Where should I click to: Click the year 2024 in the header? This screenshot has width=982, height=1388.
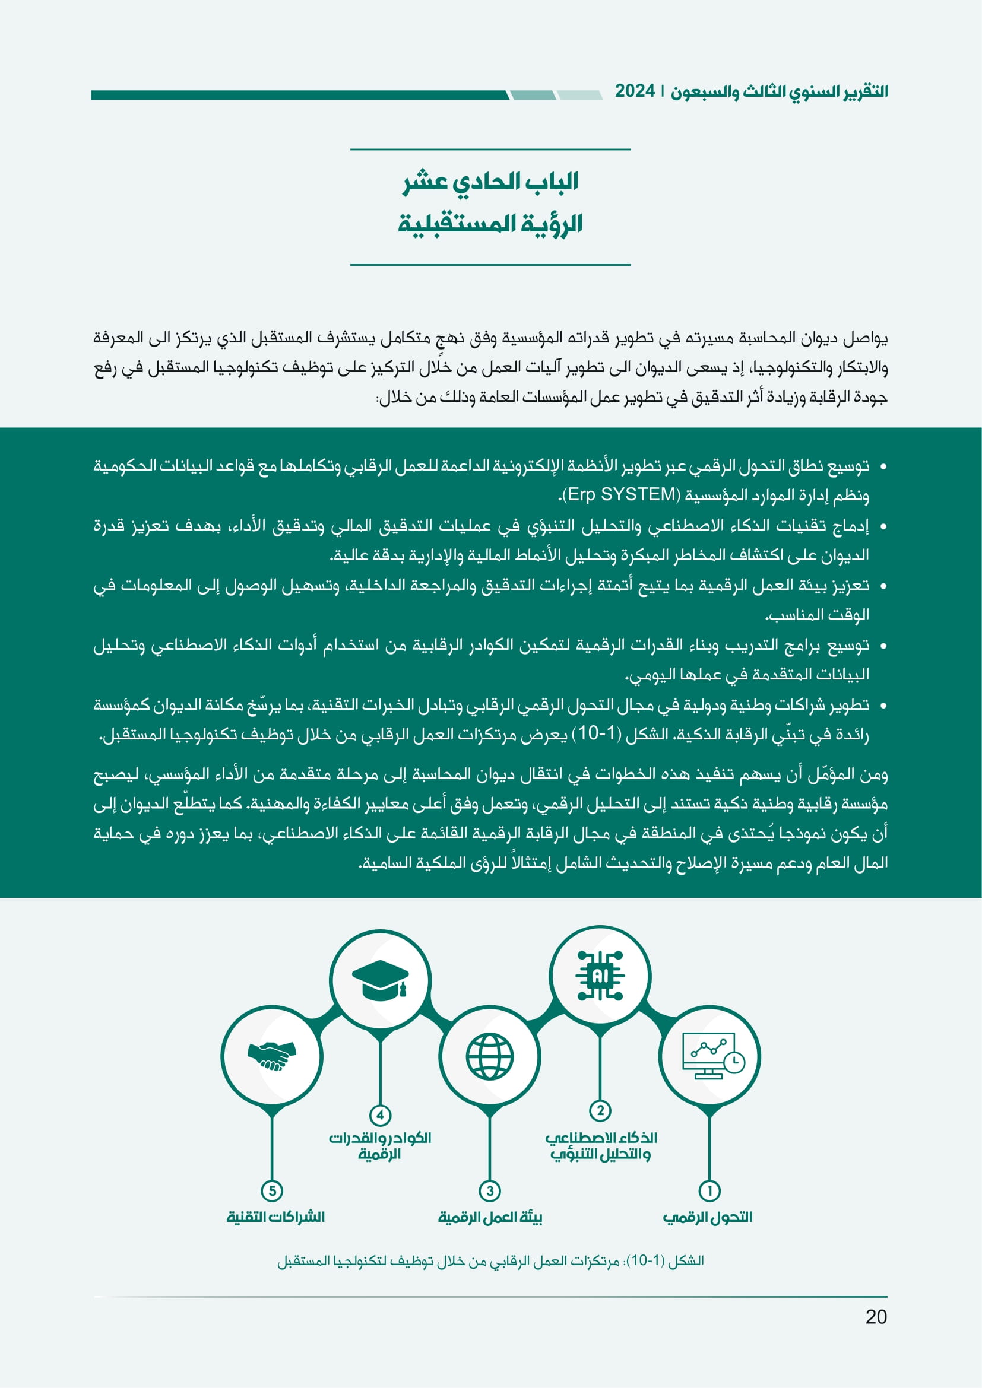635,91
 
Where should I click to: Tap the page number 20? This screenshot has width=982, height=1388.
876,1317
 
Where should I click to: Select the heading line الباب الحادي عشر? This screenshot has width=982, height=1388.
490,182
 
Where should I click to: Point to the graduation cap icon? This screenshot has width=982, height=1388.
380,979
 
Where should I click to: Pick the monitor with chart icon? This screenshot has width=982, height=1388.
711,1056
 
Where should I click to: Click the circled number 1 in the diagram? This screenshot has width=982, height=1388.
709,1191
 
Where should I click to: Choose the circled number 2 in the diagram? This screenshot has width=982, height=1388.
600,1110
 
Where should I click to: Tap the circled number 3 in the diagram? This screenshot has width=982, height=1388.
490,1191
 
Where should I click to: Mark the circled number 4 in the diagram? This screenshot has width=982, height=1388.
380,1116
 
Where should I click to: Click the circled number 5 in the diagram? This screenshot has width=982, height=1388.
272,1191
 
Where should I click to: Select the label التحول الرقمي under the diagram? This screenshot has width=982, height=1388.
708,1217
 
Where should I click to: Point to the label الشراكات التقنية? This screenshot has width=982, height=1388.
275,1217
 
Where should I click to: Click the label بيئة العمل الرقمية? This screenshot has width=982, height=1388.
490,1217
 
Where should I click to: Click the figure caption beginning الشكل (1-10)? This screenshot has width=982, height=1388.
490,1261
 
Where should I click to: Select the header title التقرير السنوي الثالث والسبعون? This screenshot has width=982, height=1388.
780,92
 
